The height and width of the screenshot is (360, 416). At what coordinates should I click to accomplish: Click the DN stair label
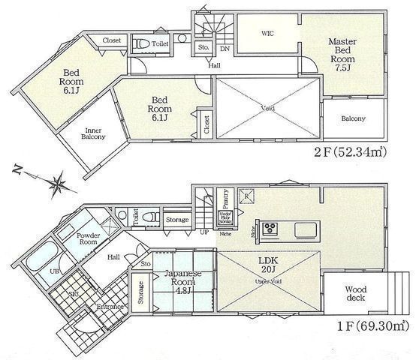coord(225,49)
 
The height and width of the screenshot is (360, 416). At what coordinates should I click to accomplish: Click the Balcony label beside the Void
coord(353,118)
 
